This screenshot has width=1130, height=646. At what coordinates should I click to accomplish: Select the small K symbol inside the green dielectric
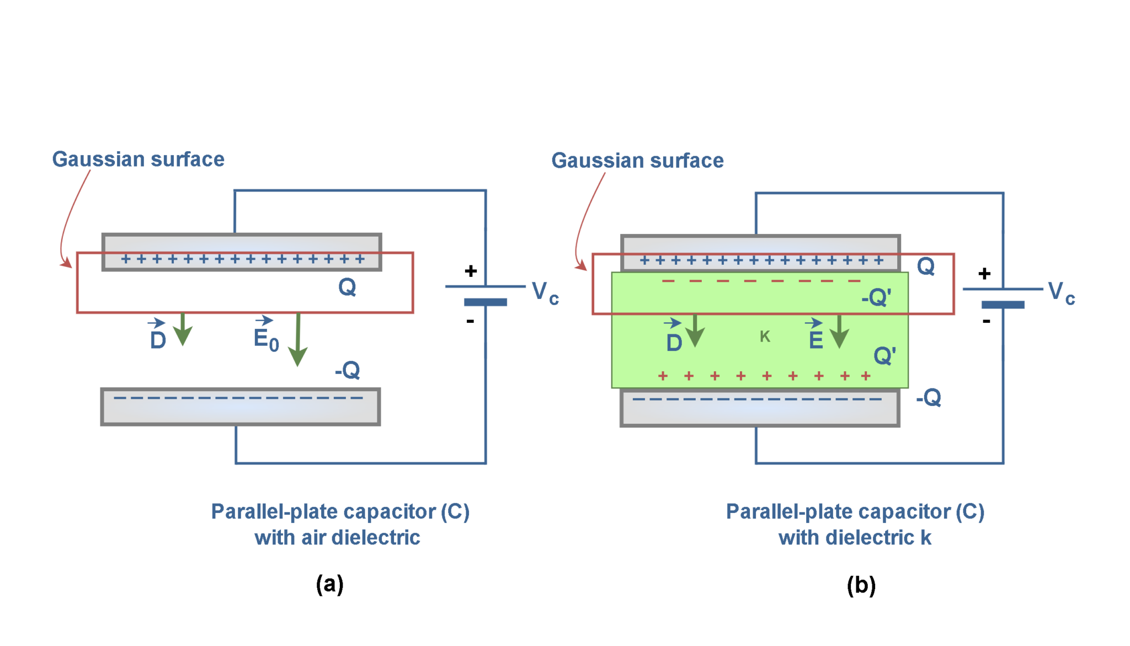coord(765,337)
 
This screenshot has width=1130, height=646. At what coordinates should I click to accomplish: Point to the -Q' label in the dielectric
coord(876,298)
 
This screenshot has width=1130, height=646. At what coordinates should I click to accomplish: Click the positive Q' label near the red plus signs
coord(884,355)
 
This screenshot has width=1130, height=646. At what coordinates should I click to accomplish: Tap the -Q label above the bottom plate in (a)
coord(348,370)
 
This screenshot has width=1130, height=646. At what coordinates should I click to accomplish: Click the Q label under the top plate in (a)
coord(347,287)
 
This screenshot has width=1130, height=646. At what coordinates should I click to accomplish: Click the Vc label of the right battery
coord(1061,292)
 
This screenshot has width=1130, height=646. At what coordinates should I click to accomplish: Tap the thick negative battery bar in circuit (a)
coord(486,302)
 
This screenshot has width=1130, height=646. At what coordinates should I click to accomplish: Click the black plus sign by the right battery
coord(984,274)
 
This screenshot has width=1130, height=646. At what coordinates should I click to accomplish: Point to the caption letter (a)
coord(329,584)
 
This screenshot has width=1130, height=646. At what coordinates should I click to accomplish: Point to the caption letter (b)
coord(861,585)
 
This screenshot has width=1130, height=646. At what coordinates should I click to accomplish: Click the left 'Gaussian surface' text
coord(138,159)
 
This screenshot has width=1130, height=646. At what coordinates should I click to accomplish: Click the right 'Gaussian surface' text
coord(637,161)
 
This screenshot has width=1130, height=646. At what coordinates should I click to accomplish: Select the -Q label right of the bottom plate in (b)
coord(929,397)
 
